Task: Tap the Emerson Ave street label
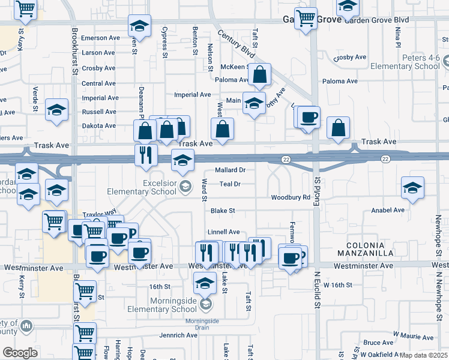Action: (101, 38)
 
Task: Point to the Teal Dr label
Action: (230, 184)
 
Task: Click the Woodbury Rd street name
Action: (290, 197)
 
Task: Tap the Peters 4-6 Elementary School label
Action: (405, 62)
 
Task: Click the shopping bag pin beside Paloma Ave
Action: (260, 76)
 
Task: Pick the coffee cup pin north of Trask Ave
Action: (309, 117)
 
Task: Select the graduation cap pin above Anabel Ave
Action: (413, 188)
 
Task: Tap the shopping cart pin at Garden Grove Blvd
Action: (306, 19)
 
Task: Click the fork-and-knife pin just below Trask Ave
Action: (146, 156)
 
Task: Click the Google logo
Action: (20, 353)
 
